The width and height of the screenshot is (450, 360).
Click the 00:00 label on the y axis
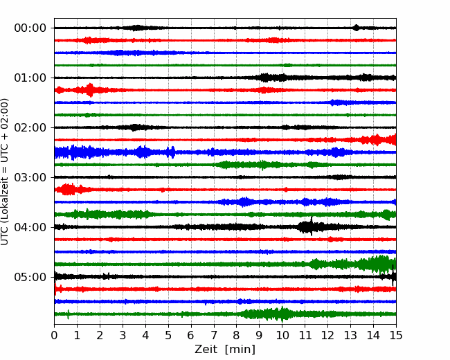30,28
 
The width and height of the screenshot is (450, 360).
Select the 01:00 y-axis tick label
30,78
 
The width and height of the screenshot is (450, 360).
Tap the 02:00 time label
30,127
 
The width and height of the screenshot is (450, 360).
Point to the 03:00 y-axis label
30,177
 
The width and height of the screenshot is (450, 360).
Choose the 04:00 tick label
30,227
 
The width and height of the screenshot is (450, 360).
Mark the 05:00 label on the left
30,277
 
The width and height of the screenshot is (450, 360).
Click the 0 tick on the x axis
54,335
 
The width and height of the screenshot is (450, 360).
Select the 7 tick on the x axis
214,335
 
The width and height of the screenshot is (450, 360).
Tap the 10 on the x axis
282,335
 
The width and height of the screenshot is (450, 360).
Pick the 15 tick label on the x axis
396,335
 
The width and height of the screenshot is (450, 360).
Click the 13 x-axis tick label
350,335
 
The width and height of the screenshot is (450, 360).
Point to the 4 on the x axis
145,335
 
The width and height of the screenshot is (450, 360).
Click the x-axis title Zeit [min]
225,350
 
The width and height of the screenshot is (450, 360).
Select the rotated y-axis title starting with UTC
5,172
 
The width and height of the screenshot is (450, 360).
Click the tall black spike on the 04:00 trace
312,226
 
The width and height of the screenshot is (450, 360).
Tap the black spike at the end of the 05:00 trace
393,276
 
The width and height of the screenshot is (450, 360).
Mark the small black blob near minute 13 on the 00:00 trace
356,28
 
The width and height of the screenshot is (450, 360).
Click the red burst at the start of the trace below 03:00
66,189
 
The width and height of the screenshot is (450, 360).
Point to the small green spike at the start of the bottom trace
68,314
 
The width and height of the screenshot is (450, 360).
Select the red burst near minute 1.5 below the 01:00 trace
90,90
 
